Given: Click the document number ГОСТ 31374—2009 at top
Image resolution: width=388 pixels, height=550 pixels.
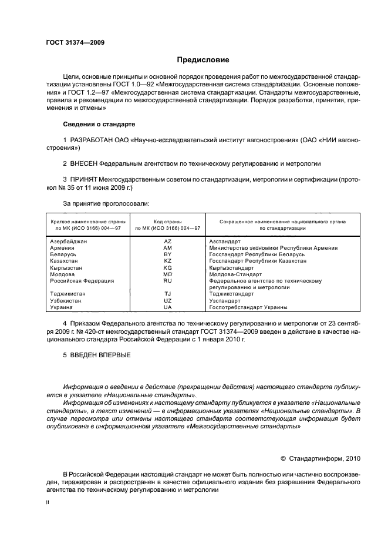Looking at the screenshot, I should tap(75, 42).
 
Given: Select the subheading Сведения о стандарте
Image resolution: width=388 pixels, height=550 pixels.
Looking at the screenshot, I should tap(99, 125).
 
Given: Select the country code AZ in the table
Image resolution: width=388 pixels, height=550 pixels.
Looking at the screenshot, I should tap(167, 242).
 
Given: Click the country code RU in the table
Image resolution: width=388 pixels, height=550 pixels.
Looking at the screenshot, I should tap(167, 281).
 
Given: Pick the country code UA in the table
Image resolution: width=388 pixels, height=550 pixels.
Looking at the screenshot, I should tap(167, 307).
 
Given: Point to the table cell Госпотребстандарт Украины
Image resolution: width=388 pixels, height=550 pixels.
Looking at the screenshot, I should tap(248, 307).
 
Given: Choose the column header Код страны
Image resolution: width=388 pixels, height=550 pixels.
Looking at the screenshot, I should tap(167, 222).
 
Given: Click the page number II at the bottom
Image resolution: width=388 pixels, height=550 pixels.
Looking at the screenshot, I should tap(49, 504).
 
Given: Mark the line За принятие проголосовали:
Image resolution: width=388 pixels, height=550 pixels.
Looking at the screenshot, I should tap(106, 203).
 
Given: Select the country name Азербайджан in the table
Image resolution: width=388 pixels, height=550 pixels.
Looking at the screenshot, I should tap(69, 242).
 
